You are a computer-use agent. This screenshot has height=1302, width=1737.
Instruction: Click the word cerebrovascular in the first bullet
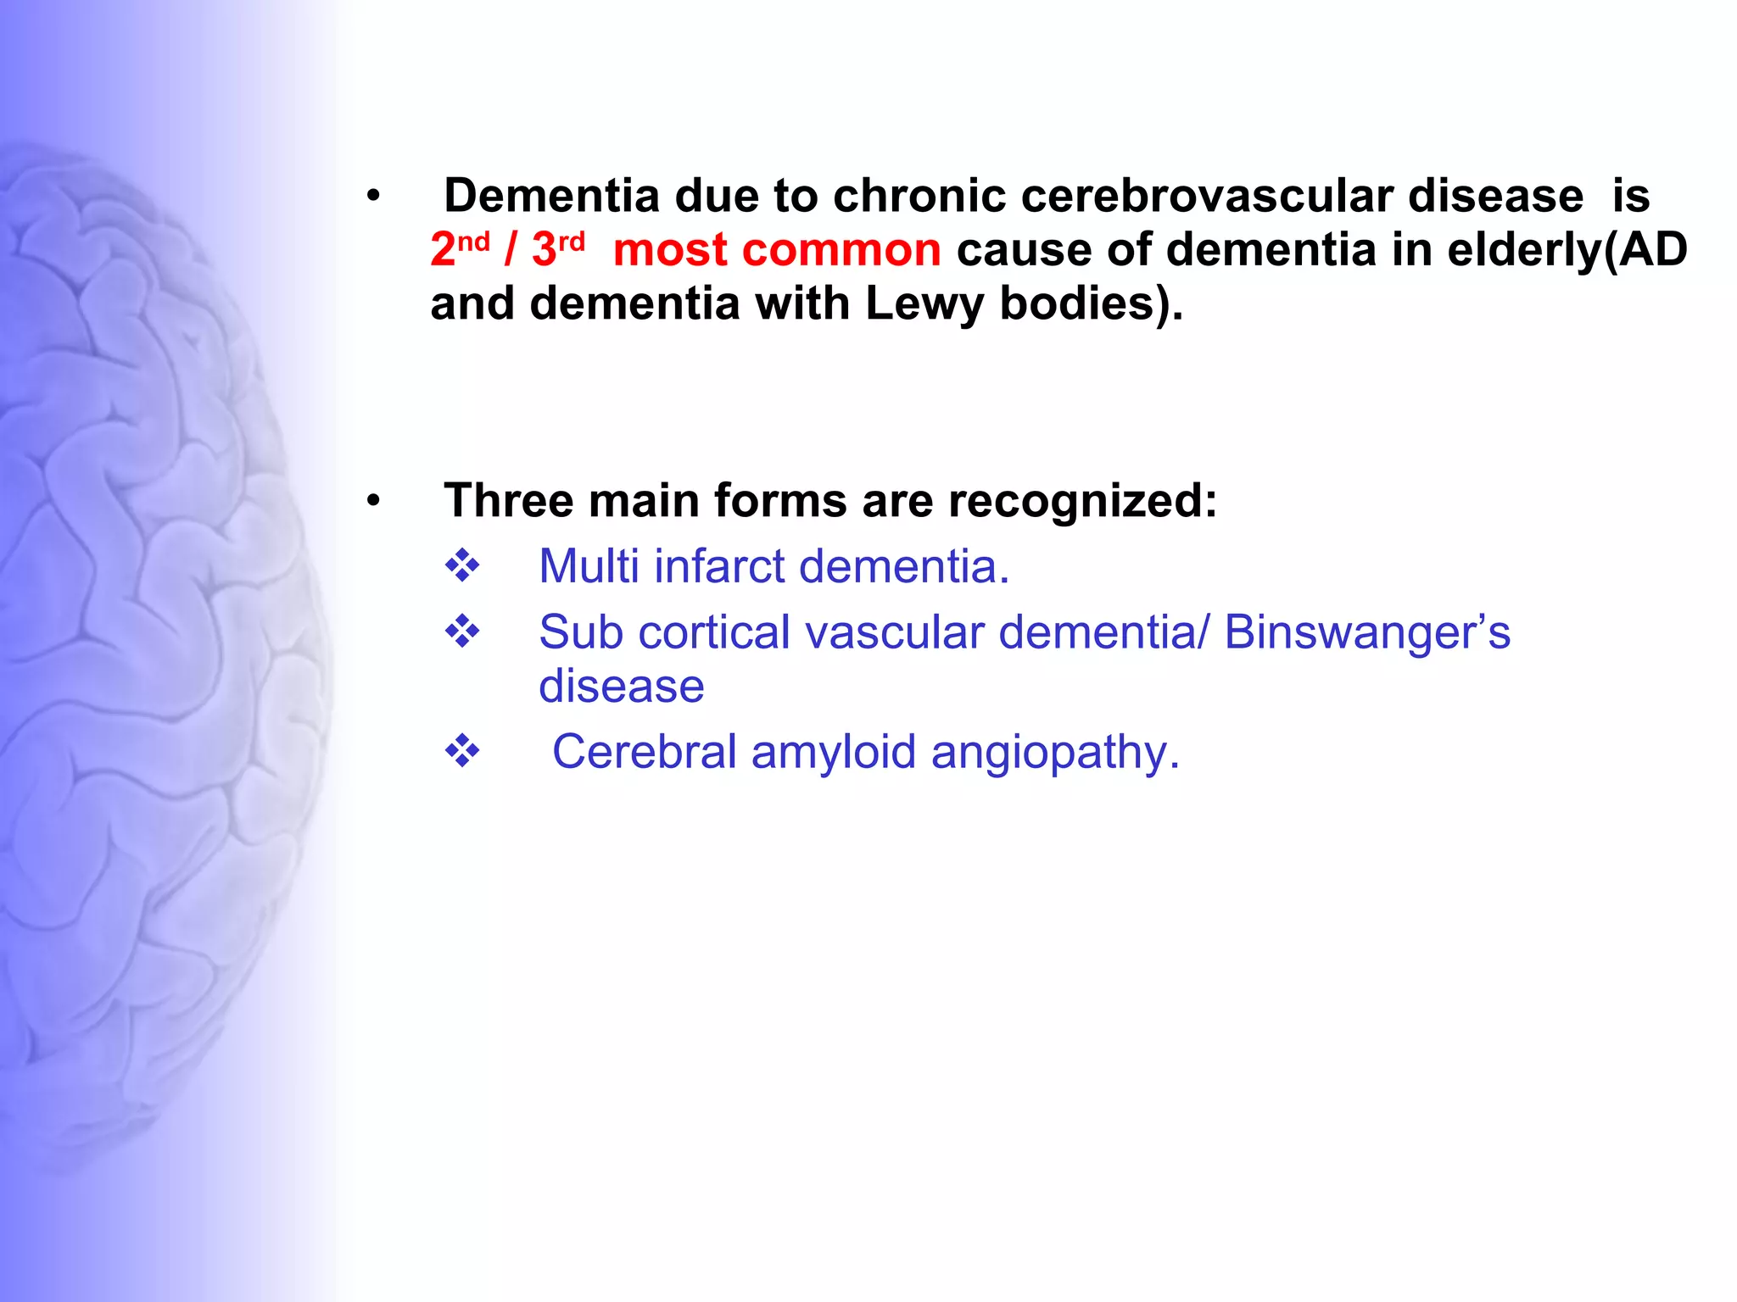[1206, 196]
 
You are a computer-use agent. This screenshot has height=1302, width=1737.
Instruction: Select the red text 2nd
[459, 249]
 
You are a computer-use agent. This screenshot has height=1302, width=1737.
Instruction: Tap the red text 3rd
[557, 249]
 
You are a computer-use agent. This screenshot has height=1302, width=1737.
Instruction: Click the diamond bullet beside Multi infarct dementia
[462, 565]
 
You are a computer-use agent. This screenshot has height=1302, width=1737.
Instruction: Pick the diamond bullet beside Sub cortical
[462, 632]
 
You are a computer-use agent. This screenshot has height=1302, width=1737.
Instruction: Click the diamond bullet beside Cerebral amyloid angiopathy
[462, 751]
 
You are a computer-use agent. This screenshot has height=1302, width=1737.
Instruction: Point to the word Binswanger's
[1366, 632]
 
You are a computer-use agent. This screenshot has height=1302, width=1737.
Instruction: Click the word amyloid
[833, 752]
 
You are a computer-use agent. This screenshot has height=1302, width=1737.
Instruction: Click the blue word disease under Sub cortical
[621, 686]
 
